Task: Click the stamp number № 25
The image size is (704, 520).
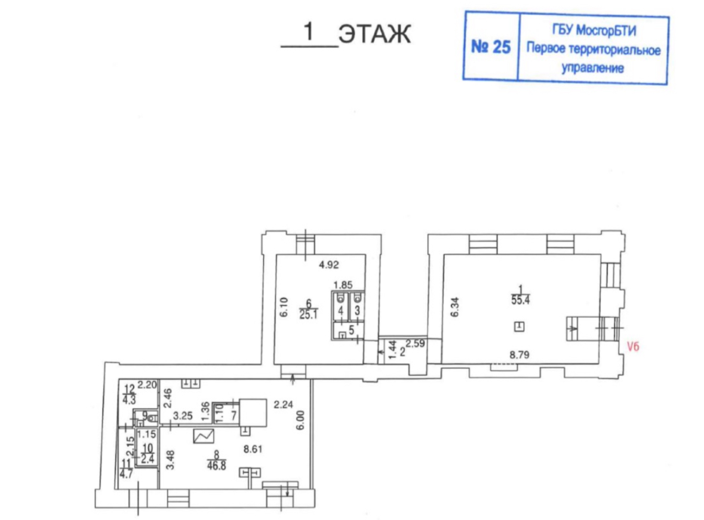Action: coord(491,47)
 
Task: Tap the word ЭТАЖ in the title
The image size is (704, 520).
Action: coord(374,33)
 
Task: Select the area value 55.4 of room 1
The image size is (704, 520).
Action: coord(520,300)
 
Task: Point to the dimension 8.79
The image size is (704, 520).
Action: coord(519,355)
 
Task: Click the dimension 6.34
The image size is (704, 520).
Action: coord(455,307)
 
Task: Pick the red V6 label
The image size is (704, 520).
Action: coord(633,347)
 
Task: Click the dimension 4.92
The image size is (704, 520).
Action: coord(328,264)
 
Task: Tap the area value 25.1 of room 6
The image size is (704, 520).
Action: coord(309,315)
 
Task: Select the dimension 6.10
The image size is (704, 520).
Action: coord(284,307)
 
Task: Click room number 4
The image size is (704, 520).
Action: coord(341,310)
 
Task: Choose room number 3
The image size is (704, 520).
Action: coord(358,310)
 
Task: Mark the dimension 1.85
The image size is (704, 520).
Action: coord(343,285)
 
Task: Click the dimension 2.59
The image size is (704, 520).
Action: coord(416,344)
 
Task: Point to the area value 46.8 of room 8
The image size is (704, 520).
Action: coord(216,466)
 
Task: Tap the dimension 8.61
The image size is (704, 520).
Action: coord(253,449)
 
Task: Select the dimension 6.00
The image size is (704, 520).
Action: coord(300,420)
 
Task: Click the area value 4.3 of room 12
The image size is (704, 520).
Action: coord(129,399)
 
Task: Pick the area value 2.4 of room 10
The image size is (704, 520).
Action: coord(147,459)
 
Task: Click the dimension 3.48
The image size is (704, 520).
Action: coord(170,460)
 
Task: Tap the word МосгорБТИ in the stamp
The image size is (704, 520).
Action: coord(606,30)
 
